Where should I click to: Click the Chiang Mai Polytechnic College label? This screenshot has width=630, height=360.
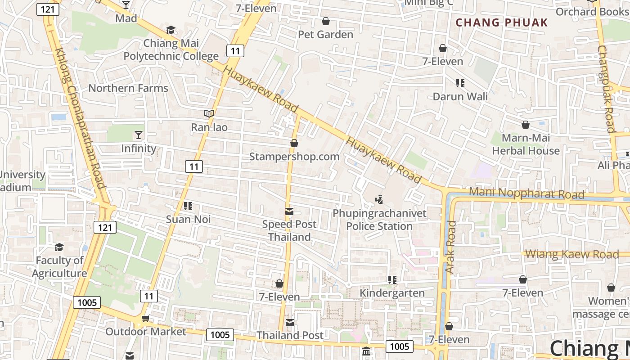pyautogui.click(x=171, y=50)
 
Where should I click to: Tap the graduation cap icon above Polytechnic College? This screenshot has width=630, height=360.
pyautogui.click(x=171, y=30)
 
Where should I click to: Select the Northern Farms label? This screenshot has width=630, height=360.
pyautogui.click(x=128, y=88)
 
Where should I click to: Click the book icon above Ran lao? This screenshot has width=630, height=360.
pyautogui.click(x=209, y=113)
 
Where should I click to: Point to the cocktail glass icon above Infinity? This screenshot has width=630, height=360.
pyautogui.click(x=138, y=135)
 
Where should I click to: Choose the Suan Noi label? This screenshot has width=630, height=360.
pyautogui.click(x=188, y=220)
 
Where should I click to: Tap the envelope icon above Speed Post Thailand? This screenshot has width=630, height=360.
pyautogui.click(x=289, y=211)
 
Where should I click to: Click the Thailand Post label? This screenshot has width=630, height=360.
pyautogui.click(x=290, y=335)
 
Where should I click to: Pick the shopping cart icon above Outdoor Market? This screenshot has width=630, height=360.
pyautogui.click(x=145, y=319)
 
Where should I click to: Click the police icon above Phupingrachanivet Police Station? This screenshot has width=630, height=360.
pyautogui.click(x=379, y=199)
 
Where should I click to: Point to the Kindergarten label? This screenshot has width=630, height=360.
pyautogui.click(x=392, y=293)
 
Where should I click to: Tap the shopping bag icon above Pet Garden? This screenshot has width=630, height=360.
pyautogui.click(x=326, y=21)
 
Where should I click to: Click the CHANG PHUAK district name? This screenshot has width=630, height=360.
pyautogui.click(x=502, y=22)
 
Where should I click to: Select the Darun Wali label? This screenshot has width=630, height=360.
pyautogui.click(x=460, y=96)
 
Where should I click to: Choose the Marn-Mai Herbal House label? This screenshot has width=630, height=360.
pyautogui.click(x=526, y=144)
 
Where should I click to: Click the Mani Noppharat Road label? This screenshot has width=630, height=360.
pyautogui.click(x=526, y=193)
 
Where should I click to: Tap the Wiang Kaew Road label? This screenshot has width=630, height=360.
pyautogui.click(x=572, y=254)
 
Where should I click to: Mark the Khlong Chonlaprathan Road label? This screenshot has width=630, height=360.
pyautogui.click(x=80, y=118)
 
